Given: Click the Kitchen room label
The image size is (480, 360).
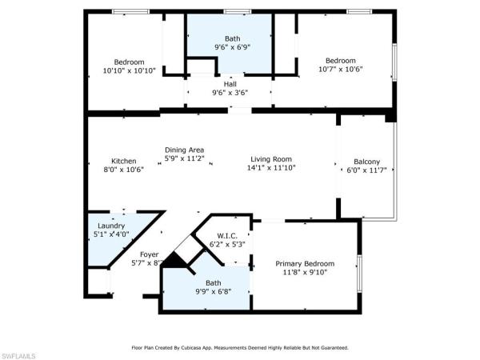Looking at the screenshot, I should coord(123,160).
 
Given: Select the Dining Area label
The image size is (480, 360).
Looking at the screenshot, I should coord(184,150).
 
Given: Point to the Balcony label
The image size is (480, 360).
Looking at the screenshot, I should coord(366,162).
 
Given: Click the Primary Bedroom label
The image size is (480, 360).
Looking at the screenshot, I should coord(305,263).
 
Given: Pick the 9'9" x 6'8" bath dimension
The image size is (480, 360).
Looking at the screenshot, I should coord(214,292).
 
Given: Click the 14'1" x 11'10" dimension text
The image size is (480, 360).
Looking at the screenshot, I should coord(271,168).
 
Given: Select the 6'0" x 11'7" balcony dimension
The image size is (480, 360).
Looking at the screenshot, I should coord(366,170).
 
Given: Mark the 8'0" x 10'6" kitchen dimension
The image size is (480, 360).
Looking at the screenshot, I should coord(123,169).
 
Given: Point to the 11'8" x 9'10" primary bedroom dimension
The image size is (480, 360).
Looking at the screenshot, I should coord(305,272).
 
